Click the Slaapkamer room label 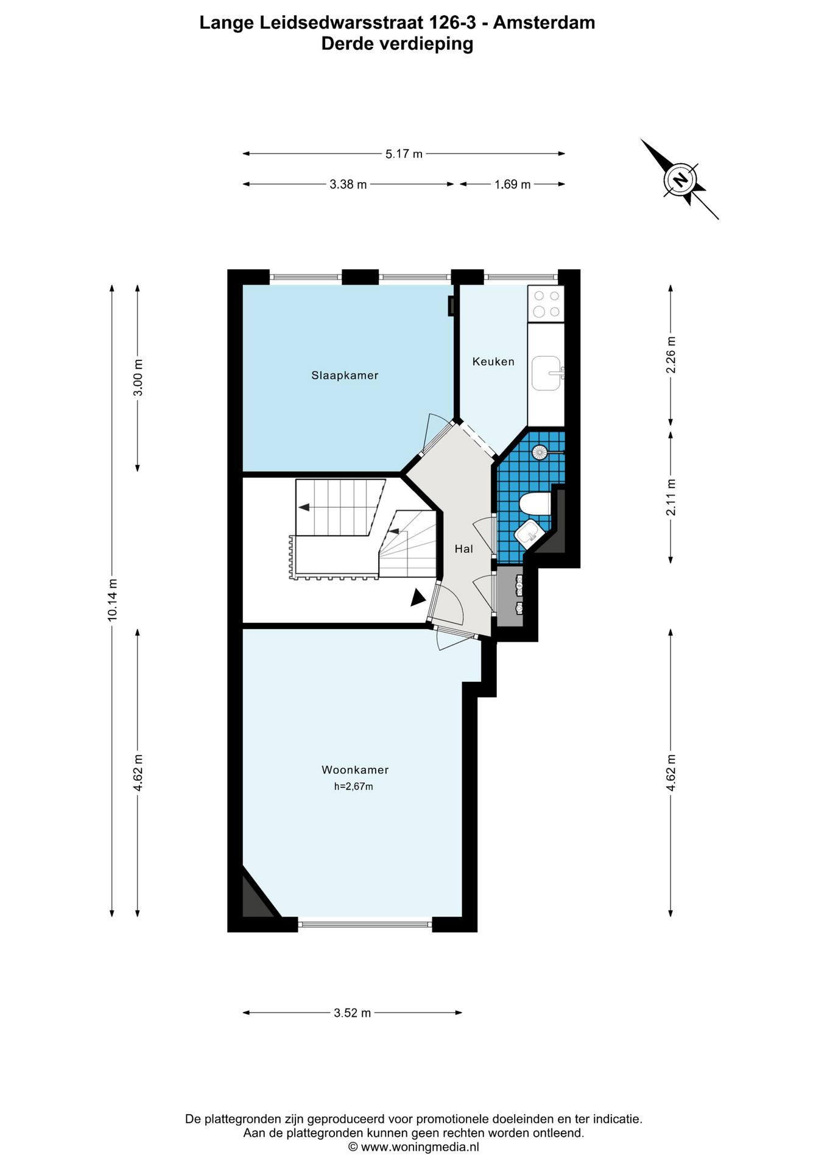pos(345,376)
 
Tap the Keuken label pos(493,362)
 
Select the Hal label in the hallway pos(463,549)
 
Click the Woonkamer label pos(355,770)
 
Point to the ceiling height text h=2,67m pos(353,787)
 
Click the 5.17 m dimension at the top pos(403,154)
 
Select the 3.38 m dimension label pos(348,184)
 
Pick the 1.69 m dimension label pos(512,184)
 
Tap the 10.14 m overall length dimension pos(113,600)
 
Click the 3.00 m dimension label pos(138,377)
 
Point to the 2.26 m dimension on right pos(671,355)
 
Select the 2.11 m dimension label pos(671,497)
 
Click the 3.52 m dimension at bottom pos(352,1013)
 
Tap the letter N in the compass pos(680,180)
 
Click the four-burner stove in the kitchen pos(546,304)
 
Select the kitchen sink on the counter pos(546,373)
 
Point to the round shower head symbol pos(539,452)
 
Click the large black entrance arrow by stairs pos(417,598)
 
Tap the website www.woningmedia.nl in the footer pos(420,1148)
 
